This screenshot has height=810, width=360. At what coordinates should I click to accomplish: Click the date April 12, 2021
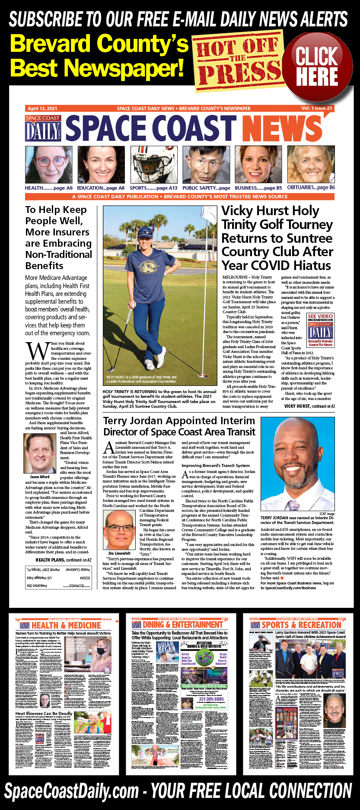coord(42,108)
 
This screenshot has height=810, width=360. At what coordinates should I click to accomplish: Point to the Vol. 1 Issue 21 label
coord(316,108)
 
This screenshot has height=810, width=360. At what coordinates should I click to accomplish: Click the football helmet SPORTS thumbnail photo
coord(153,165)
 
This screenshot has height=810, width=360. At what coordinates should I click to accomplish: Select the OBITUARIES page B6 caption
coord(311,188)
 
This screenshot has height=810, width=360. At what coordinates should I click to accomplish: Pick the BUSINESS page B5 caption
coord(258,188)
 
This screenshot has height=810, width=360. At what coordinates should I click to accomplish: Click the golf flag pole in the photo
coord(212,294)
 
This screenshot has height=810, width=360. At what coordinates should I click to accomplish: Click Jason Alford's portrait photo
coord(39,453)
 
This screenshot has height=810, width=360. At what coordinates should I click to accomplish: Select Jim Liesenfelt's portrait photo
coord(119,530)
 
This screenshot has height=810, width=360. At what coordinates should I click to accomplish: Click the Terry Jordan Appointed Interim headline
coord(179,426)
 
